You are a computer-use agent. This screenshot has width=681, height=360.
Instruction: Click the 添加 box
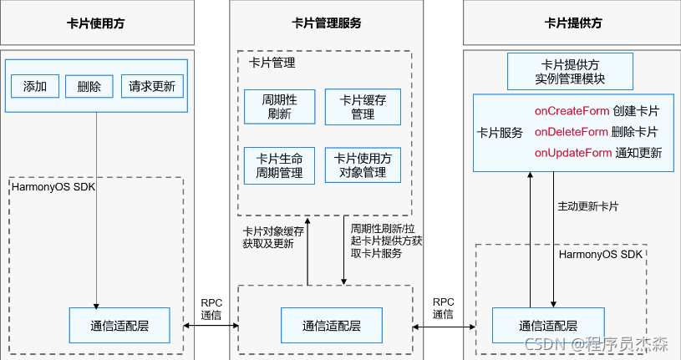pos(35,86)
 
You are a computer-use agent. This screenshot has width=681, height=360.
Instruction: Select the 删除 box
pos(89,86)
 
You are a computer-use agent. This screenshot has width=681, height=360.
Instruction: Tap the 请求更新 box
pos(151,86)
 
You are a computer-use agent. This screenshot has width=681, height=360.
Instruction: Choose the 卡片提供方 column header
pos(573,23)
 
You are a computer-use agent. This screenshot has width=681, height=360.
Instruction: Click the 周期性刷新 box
pos(273,107)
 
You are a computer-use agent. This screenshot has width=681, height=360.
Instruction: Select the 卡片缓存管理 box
pos(363,107)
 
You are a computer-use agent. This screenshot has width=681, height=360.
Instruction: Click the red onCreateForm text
pos(571,111)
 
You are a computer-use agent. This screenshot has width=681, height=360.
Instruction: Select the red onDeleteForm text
pos(571,132)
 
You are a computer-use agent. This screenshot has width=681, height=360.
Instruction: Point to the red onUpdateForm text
pos(572,153)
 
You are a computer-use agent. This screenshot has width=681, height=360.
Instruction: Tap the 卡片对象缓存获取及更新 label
pos(267,237)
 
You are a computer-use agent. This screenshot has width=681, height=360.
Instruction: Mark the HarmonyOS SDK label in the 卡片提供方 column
pos(600,254)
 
